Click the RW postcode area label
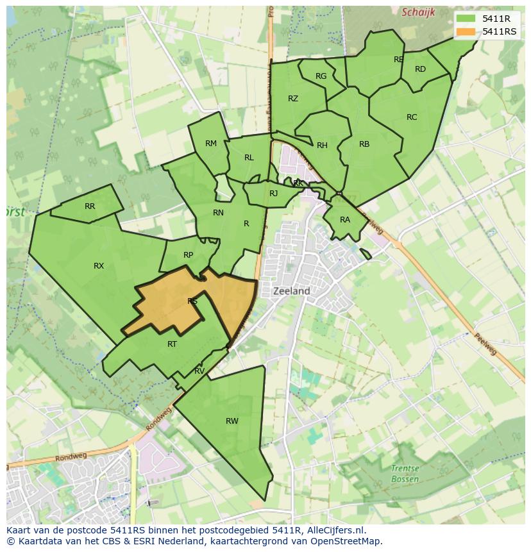pyautogui.click(x=232, y=421)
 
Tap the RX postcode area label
pyautogui.click(x=99, y=266)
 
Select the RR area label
pyautogui.click(x=90, y=206)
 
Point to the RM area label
pyautogui.click(x=211, y=144)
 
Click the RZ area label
pyautogui.click(x=293, y=99)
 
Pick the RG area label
pyautogui.click(x=321, y=76)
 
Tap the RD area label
pyautogui.click(x=420, y=69)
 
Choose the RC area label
pyautogui.click(x=412, y=117)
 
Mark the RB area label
pyautogui.click(x=364, y=144)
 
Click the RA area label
pyautogui.click(x=345, y=220)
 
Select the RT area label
pyautogui.click(x=172, y=344)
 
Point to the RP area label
pyautogui.click(x=188, y=255)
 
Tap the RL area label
pyautogui.click(x=249, y=158)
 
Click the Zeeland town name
pyautogui.click(x=292, y=291)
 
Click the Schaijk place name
pyautogui.click(x=418, y=12)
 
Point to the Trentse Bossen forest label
pyautogui.click(x=405, y=474)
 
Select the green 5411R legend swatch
pyautogui.click(x=466, y=19)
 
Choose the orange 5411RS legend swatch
pyautogui.click(x=466, y=31)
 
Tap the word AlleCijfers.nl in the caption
pyautogui.click(x=334, y=530)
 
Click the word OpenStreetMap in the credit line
pyautogui.click(x=346, y=541)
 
